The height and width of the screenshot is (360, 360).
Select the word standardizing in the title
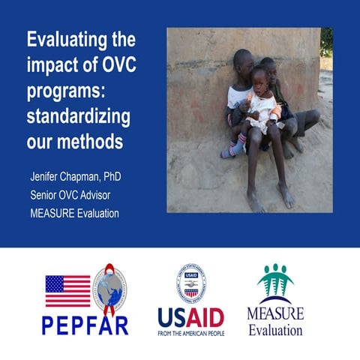(78, 118)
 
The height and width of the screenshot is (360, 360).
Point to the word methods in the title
(89, 139)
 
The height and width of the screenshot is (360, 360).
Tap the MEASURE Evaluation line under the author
(74, 212)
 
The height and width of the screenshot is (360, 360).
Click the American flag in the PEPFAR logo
(67, 291)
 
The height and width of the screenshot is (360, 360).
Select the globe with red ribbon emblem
(110, 289)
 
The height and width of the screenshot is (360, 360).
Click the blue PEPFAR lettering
(85, 325)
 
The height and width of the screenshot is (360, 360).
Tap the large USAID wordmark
(190, 316)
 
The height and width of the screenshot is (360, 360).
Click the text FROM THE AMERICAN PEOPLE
(190, 332)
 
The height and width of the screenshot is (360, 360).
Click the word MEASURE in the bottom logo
(275, 313)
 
